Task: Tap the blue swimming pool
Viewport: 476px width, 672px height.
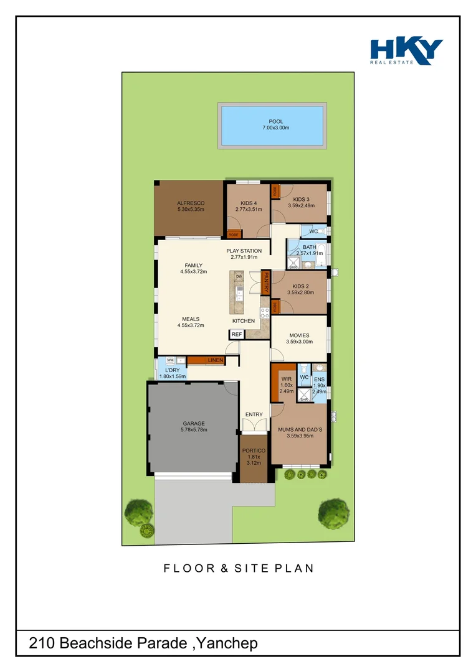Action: pyautogui.click(x=272, y=125)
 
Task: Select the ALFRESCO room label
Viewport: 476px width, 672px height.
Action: pyautogui.click(x=191, y=203)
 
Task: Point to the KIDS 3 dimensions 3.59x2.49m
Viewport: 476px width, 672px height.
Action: pyautogui.click(x=301, y=206)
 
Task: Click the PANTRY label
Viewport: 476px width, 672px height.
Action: pyautogui.click(x=265, y=282)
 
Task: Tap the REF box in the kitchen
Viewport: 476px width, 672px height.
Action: pyautogui.click(x=236, y=335)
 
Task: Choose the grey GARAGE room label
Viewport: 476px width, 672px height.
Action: pyautogui.click(x=194, y=424)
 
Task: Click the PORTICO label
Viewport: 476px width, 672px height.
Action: pyautogui.click(x=254, y=450)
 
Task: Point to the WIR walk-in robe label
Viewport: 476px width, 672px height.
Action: pyautogui.click(x=287, y=378)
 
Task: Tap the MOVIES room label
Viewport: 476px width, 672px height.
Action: pyautogui.click(x=299, y=336)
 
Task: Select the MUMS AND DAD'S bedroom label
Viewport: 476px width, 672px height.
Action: pyautogui.click(x=299, y=429)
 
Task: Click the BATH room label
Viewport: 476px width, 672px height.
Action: pyautogui.click(x=310, y=247)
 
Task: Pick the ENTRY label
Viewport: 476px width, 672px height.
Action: pyautogui.click(x=254, y=414)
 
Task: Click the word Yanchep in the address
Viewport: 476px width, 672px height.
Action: pyautogui.click(x=229, y=643)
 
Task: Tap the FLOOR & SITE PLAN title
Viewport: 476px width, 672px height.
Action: pyautogui.click(x=239, y=568)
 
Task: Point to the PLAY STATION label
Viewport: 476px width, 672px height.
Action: pyautogui.click(x=244, y=251)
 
